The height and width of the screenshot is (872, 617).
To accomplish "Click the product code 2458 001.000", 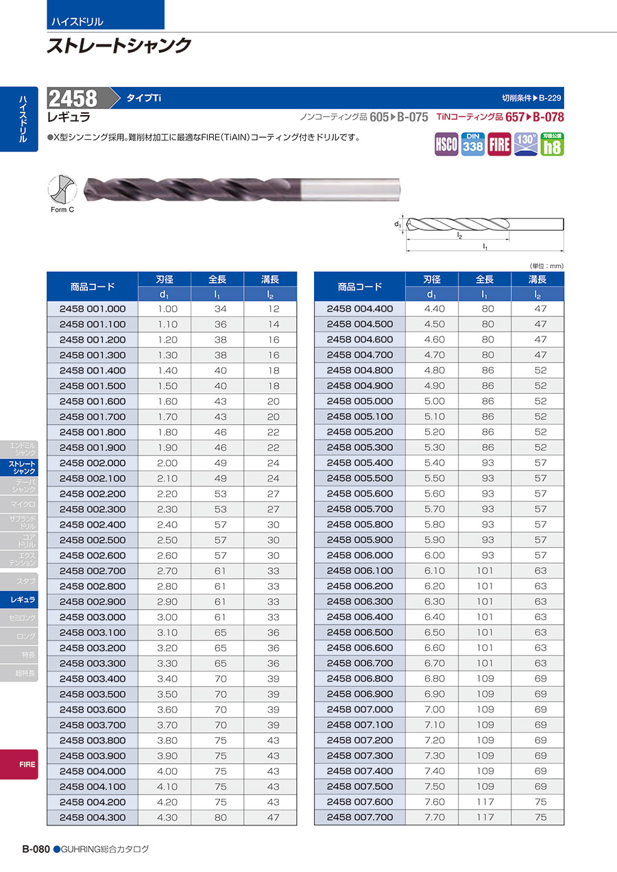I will (93, 309).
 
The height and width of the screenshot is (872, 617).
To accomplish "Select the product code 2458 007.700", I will (360, 817).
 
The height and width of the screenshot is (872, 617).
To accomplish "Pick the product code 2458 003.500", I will (93, 694).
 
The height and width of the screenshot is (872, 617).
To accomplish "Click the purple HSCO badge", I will (446, 145).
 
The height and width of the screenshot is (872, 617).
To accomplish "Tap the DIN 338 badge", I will (473, 144).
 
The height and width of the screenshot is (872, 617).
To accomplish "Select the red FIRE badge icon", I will (499, 145).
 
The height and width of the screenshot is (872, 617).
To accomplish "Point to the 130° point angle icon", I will (526, 144).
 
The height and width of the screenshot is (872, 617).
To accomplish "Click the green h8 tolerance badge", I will (552, 144).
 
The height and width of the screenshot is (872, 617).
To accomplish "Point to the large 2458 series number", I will (73, 98).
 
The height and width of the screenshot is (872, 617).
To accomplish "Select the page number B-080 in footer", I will (36, 849).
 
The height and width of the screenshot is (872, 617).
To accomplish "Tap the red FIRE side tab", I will (27, 764).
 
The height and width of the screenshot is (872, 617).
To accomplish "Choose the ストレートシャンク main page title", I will (119, 46).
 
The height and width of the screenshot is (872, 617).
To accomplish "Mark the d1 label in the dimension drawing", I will (398, 224).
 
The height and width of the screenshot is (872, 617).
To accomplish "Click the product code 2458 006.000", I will (360, 556).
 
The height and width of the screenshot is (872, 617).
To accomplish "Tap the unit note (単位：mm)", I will (546, 266).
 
